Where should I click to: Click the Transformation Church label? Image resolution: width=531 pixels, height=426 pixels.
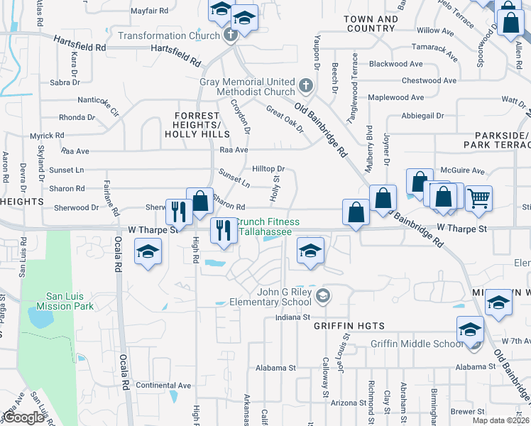(169, 35)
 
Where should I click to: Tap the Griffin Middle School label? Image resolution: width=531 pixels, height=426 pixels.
(417, 344)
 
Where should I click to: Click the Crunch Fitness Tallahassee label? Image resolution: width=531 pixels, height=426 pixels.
(267, 227)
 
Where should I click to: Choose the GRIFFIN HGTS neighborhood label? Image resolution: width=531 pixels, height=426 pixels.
(349, 326)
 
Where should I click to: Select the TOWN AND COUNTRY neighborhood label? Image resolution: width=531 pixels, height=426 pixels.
(370, 24)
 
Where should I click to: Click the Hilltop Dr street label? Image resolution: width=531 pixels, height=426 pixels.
(268, 169)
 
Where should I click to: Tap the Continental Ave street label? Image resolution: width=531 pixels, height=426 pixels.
(163, 386)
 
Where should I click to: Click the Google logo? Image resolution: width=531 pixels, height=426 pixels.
(23, 417)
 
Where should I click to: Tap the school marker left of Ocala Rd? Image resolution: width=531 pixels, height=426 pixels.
(148, 251)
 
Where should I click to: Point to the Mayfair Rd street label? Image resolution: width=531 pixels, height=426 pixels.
(150, 11)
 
